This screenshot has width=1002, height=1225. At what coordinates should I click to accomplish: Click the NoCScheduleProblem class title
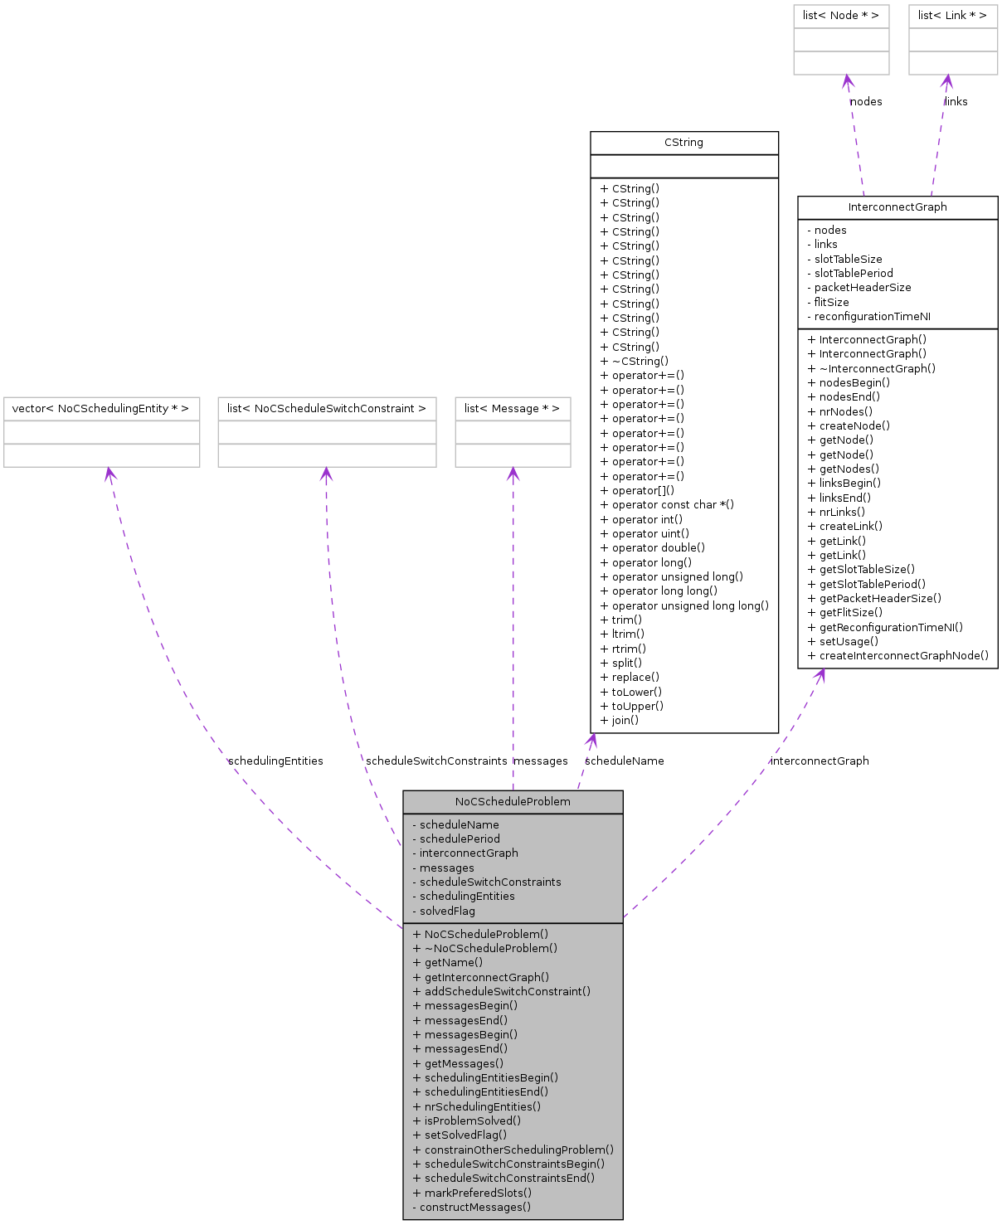[513, 802]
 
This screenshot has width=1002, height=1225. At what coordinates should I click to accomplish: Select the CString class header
[683, 143]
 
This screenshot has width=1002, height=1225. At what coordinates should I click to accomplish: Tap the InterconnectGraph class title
[897, 207]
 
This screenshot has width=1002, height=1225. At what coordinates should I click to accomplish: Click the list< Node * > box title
[840, 16]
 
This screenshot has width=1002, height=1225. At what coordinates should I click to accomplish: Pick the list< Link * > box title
[952, 16]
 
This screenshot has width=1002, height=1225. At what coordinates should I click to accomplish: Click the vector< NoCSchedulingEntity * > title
[100, 409]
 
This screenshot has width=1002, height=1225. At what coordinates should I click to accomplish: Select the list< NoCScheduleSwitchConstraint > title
[326, 409]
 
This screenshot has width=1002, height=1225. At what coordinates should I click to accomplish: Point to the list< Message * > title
[512, 409]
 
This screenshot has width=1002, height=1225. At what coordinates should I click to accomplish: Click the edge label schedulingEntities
[275, 761]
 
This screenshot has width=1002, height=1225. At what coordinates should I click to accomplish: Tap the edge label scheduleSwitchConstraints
[436, 761]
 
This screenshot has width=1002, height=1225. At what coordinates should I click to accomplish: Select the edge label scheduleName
[624, 761]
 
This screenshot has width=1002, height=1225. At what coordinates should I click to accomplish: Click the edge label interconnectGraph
[820, 761]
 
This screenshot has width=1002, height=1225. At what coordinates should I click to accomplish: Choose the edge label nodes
[866, 102]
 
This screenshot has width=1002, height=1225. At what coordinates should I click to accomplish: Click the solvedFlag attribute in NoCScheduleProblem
[447, 911]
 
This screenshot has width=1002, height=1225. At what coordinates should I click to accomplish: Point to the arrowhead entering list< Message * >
[513, 473]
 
